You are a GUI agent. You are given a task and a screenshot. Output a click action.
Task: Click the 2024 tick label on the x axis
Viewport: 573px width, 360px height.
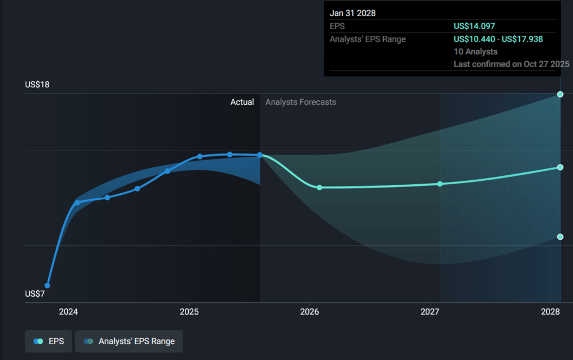pos(68,311)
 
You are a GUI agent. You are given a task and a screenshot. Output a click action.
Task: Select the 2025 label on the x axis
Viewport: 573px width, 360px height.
pos(190,311)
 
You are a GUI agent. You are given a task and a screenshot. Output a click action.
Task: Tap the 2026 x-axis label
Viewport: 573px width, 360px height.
pos(310,311)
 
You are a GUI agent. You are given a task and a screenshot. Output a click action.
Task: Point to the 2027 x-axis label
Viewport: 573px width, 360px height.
pos(430,311)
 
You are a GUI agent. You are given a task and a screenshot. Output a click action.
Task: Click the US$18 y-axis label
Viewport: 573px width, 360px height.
pos(37,85)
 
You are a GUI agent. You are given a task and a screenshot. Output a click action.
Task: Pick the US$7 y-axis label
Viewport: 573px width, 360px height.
pos(35,293)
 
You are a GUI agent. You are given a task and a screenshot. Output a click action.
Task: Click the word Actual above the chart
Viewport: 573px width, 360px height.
pos(242,102)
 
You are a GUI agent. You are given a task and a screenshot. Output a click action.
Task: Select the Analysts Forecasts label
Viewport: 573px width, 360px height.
pos(301,102)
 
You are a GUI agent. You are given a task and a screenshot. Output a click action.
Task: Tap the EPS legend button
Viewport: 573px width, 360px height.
pos(48,341)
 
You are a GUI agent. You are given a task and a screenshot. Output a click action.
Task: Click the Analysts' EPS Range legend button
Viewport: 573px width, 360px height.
pos(129,341)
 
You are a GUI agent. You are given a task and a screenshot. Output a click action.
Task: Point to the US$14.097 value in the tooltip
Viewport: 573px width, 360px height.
pos(474,26)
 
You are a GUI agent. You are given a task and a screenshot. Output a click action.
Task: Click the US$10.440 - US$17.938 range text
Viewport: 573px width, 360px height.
pos(498,39)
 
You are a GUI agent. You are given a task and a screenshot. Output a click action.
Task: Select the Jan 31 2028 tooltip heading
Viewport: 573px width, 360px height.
pos(352,13)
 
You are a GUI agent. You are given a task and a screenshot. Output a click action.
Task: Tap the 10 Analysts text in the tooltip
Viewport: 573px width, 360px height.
pos(476,52)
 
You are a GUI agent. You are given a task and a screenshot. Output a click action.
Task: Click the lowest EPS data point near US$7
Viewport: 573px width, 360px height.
pos(48,286)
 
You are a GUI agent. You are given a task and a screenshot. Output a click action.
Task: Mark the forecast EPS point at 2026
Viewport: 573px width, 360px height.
pos(319,188)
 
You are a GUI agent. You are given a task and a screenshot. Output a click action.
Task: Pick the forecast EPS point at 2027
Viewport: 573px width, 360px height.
pos(440,184)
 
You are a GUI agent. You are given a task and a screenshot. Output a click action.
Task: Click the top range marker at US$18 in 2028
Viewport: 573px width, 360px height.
pos(560,94)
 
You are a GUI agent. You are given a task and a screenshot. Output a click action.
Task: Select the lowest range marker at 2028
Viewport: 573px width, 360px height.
pos(560,237)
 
